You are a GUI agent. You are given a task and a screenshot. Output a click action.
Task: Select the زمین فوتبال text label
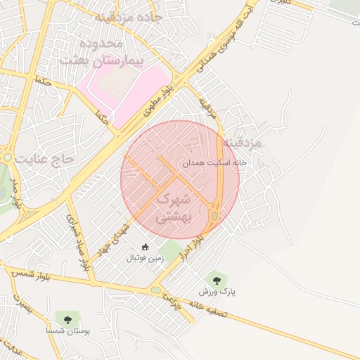145,259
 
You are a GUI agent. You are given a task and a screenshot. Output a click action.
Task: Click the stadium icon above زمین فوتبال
146,247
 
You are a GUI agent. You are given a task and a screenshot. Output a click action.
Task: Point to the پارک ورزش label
217,290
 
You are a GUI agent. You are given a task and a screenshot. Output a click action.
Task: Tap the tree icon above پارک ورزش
217,278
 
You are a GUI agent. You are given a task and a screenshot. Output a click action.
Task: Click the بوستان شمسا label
67,331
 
